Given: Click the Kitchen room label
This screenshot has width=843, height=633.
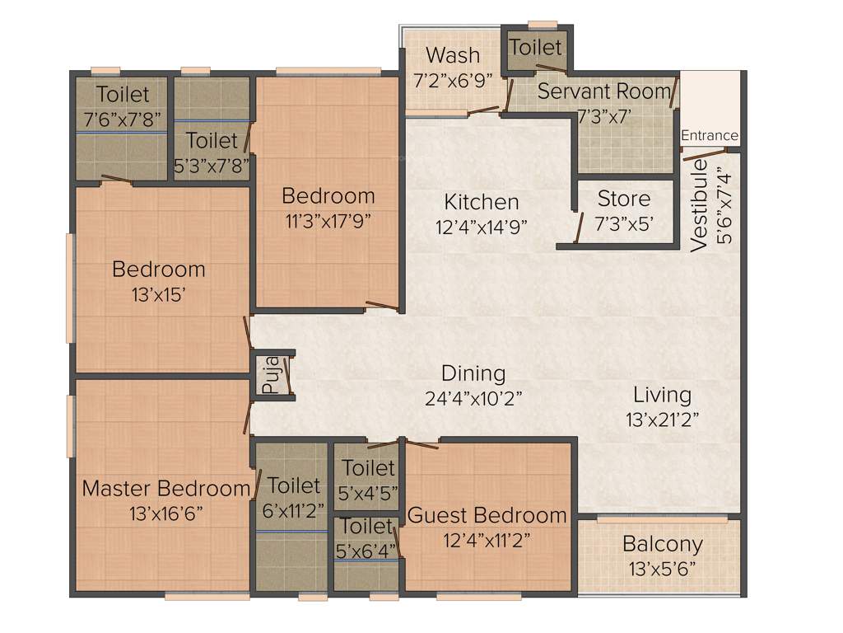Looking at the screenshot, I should (482, 201).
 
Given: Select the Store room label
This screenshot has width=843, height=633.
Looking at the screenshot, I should (623, 199).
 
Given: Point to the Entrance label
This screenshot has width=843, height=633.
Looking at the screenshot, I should (710, 135).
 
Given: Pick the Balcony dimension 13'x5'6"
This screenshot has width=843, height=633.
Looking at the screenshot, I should (662, 569).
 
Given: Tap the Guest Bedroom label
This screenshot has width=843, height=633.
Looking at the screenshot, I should (487, 516).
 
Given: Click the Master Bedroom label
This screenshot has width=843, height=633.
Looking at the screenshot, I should (165, 488).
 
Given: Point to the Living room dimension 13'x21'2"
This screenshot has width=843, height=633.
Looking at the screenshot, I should (662, 419).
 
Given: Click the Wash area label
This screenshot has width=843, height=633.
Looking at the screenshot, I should (453, 55).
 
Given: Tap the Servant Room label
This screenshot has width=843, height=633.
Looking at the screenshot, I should (603, 91).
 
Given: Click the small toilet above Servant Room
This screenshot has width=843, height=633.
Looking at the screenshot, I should (536, 47).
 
